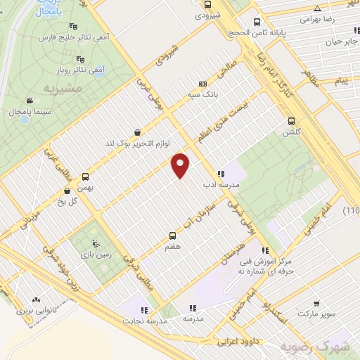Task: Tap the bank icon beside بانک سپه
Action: (202, 83)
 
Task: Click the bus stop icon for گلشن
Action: (291, 121)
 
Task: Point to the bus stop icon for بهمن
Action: (86, 176)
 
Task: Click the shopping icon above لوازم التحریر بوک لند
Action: (136, 131)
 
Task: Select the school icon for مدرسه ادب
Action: (221, 174)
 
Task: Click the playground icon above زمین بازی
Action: (90, 238)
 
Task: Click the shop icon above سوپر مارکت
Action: (317, 304)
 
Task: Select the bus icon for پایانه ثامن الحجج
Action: (257, 22)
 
